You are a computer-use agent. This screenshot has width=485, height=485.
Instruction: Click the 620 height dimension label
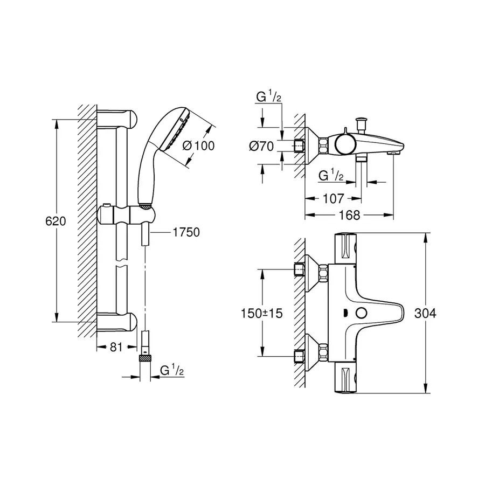tap(56, 221)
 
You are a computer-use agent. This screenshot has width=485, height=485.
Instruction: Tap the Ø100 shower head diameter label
tap(198, 145)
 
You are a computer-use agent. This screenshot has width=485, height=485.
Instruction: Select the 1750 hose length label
tap(186, 232)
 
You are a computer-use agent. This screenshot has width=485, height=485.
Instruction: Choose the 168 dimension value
tap(350, 215)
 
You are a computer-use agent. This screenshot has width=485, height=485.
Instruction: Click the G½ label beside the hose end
tap(172, 370)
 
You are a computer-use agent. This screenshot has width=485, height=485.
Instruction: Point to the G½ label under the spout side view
tap(330, 176)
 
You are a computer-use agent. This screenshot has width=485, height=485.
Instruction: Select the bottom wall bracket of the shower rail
tap(119, 322)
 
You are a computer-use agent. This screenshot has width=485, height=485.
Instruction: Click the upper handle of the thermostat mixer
tap(347, 248)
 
